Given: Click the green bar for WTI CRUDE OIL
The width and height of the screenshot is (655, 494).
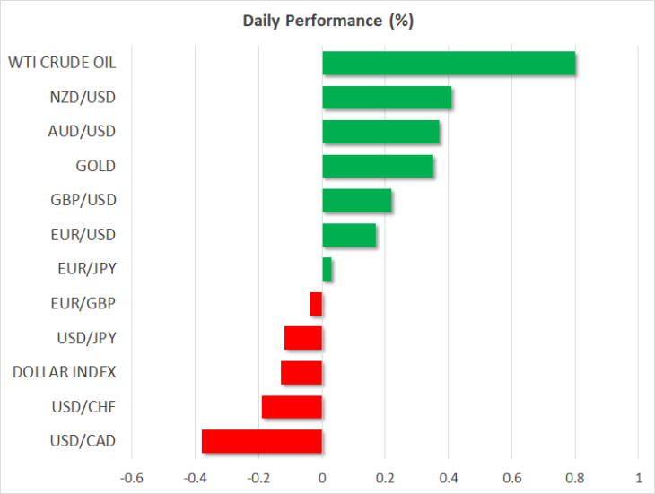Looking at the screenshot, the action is [449, 63].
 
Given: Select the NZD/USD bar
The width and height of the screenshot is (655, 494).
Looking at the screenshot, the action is [387, 97].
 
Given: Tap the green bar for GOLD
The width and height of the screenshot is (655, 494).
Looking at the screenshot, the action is [378, 166].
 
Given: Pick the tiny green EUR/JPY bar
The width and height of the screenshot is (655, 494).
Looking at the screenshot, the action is [327, 269].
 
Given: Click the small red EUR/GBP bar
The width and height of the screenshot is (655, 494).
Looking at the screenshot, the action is [316, 304].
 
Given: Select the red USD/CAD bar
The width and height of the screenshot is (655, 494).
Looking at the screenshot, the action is [262, 441].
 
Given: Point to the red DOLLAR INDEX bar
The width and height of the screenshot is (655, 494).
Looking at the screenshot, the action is [301, 373].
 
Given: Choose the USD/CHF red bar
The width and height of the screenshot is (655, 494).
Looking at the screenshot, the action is [292, 407].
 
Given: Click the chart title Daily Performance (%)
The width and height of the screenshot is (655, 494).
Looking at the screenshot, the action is [328, 21].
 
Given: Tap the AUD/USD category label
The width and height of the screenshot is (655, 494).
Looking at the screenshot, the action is [82, 132].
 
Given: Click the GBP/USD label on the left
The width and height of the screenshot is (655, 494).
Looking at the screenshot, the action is [83, 200].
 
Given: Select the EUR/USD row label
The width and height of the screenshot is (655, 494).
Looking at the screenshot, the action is [83, 235].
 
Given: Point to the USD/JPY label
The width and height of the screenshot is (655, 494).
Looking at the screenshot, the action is [86, 338].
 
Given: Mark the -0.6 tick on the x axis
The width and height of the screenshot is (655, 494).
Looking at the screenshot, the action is [132, 478].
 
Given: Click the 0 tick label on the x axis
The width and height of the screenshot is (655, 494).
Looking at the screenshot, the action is [322, 478].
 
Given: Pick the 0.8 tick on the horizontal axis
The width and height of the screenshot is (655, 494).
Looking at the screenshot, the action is [575, 478].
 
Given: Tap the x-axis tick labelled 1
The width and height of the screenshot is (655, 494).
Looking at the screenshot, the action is [639, 478].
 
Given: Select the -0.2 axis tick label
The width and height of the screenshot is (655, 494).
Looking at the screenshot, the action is [258, 478].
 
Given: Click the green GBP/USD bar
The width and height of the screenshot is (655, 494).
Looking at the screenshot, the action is [357, 200].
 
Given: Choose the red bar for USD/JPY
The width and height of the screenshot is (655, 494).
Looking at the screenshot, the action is [303, 338].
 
